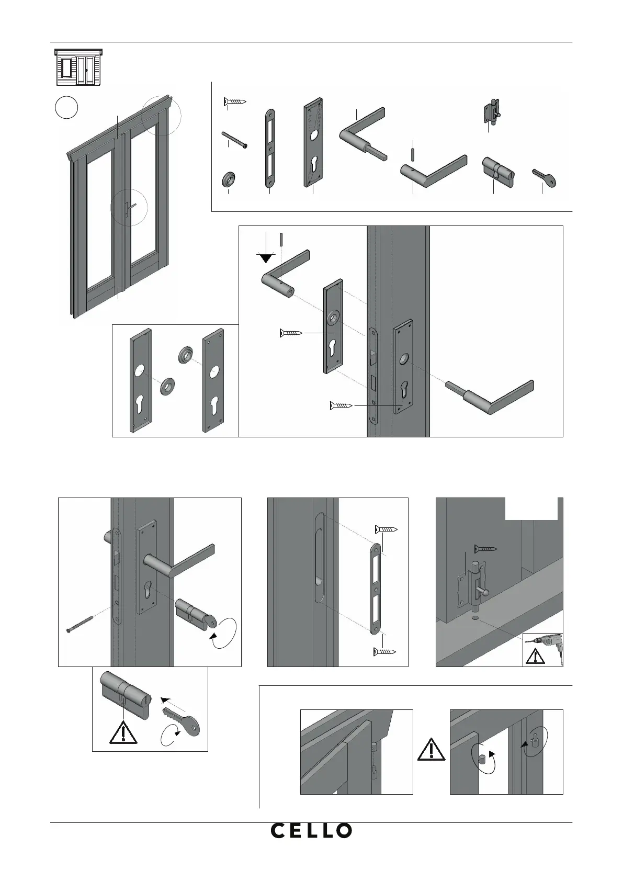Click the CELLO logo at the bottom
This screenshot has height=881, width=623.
tap(311, 830)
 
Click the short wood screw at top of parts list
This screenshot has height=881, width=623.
tap(234, 101)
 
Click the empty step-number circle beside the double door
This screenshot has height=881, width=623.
tap(66, 107)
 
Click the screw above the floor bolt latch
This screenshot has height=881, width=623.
tap(485, 549)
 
